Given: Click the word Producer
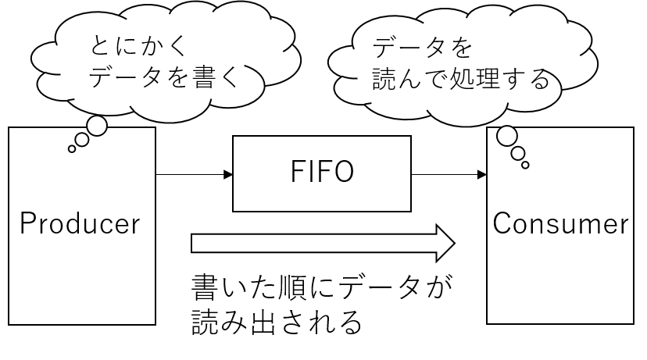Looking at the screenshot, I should pos(80,224).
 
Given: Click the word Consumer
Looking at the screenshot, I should pos(560,224).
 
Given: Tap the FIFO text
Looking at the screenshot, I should pos(322,173).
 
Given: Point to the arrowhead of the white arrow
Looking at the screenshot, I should pos(444,243).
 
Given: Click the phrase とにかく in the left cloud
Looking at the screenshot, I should pos(140,46).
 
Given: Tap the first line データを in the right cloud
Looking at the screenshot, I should pos(422,48).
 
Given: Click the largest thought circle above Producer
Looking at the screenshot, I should pos(97,126).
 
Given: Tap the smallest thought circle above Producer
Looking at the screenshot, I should pos(72,148).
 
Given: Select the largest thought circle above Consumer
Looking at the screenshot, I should pos(506,137).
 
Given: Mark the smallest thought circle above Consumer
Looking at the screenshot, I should pos(526,165).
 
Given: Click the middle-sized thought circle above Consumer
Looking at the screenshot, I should pos(517,154).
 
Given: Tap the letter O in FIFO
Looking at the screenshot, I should pos(342,173).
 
